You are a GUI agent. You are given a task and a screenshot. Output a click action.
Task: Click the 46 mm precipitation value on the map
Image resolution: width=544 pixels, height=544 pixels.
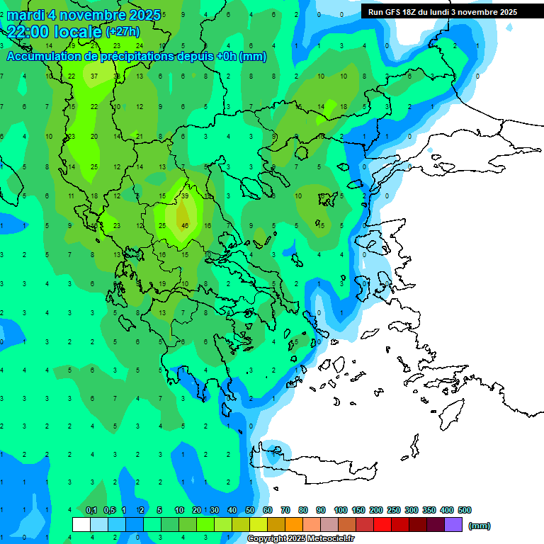[185, 225]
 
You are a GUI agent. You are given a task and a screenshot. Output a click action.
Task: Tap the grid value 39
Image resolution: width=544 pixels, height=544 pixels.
[185, 195]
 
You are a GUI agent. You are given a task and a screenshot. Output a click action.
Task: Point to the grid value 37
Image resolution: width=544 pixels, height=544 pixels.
[94, 76]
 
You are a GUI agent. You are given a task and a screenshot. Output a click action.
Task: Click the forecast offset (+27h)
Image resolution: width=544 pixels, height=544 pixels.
[123, 32]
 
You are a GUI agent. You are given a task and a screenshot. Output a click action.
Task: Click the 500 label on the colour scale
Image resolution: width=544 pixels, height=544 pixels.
[465, 510]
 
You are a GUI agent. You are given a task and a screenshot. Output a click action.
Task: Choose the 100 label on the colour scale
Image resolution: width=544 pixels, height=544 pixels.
[341, 510]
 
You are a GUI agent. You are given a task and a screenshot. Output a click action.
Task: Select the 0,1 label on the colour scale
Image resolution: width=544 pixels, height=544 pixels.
[91, 510]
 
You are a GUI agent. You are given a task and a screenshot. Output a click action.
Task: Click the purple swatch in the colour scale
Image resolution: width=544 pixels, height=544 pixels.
[453, 525]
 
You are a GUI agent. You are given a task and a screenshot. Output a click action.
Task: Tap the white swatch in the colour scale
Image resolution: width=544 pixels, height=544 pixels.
[81, 525]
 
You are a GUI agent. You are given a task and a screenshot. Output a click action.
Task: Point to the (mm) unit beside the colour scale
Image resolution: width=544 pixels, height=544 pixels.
[480, 526]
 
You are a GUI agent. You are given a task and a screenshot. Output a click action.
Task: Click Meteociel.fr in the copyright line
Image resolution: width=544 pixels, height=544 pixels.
[322, 539]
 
